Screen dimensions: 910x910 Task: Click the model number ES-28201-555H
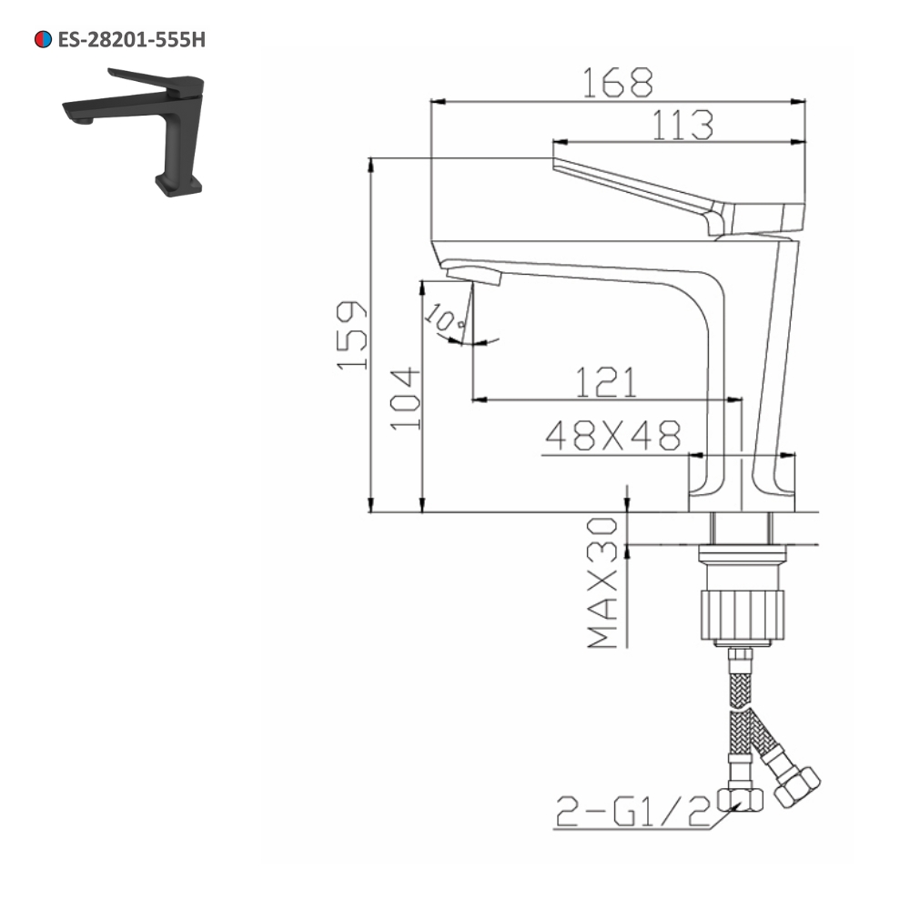pos(125,39)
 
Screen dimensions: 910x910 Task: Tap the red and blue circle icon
pos(42,39)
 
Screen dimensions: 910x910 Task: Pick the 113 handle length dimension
pos(681,125)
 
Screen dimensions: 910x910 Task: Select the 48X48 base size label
pos(612,437)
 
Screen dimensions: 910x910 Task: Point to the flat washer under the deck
pos(741,552)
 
